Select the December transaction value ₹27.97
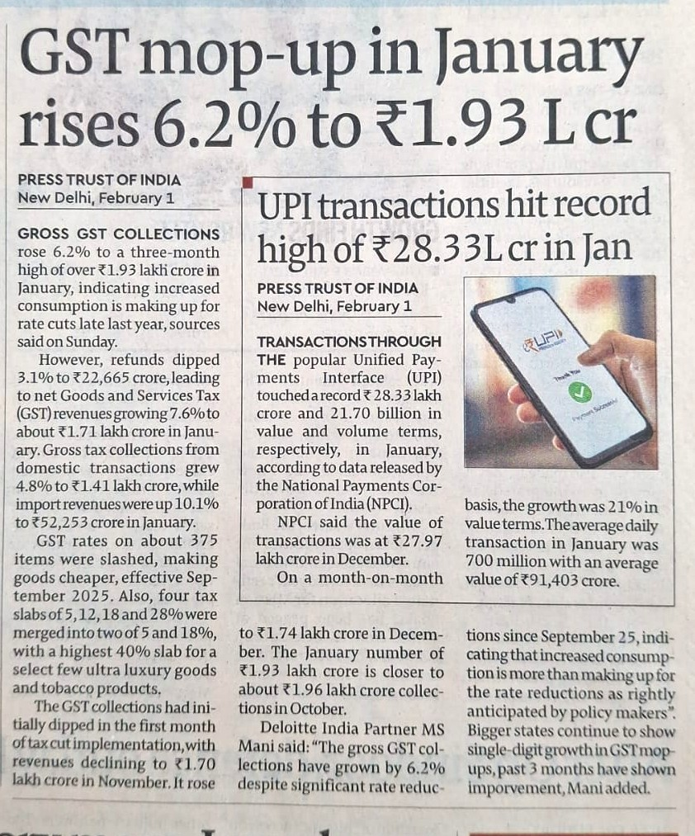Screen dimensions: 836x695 (x=418, y=541)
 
